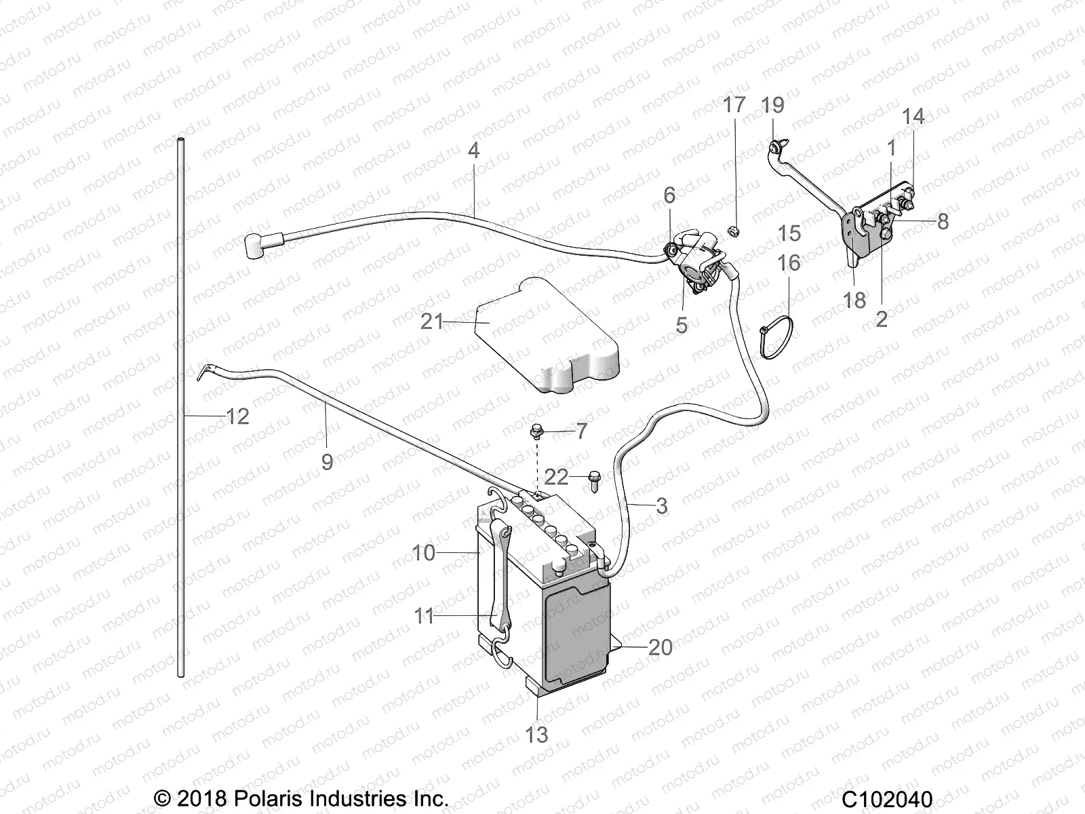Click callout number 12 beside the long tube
(x=237, y=416)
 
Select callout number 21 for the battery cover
(x=432, y=321)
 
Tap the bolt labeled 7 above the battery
(x=536, y=429)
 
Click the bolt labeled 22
(x=595, y=478)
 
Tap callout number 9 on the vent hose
(x=327, y=462)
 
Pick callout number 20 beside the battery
(x=660, y=647)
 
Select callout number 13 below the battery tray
(x=536, y=734)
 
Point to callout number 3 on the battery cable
(x=662, y=505)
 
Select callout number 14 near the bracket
(x=913, y=117)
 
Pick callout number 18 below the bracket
(x=854, y=299)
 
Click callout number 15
(x=789, y=233)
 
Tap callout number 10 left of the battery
(x=424, y=553)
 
